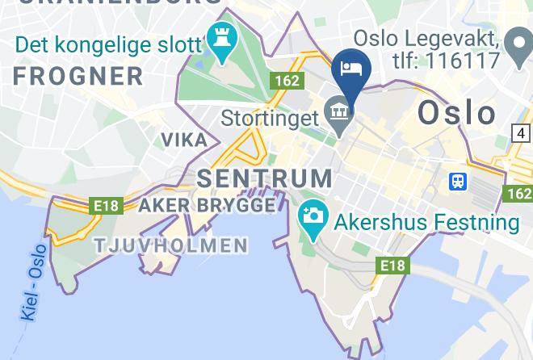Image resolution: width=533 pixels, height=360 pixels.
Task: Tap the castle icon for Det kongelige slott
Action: click(x=219, y=39)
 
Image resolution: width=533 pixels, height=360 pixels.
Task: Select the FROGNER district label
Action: click(x=78, y=77)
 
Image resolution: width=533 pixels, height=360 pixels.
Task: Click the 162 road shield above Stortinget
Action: click(x=287, y=81)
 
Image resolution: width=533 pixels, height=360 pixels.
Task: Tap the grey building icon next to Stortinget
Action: click(x=338, y=111)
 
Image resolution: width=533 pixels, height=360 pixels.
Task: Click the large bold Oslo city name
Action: click(x=457, y=113)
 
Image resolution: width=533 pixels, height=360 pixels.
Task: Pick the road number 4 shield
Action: click(x=522, y=133)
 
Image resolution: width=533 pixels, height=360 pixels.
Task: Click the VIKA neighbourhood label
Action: click(x=184, y=140)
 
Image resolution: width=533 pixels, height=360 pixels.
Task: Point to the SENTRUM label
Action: click(x=264, y=178)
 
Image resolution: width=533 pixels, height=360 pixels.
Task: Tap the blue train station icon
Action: click(x=458, y=182)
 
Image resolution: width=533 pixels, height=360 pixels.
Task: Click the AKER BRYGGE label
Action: click(x=207, y=206)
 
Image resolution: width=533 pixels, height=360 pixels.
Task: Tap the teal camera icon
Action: click(x=312, y=216)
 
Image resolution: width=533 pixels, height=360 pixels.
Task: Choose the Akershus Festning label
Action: click(x=427, y=222)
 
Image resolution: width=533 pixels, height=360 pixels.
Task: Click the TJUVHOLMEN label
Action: click(x=170, y=245)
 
